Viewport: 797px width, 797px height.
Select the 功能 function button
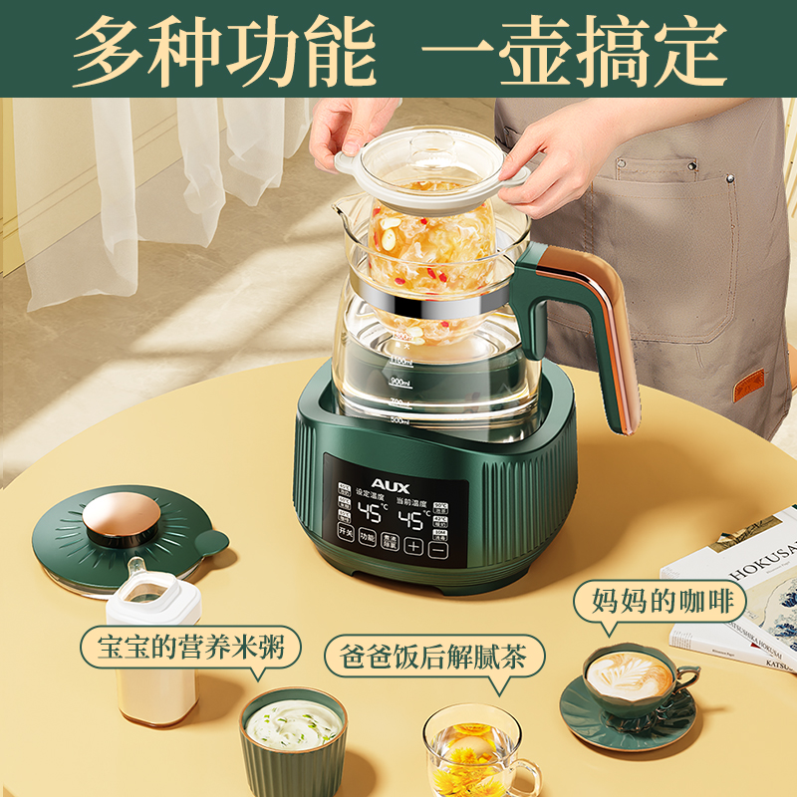coord(368,538)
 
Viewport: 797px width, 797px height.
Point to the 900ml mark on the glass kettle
coord(401,382)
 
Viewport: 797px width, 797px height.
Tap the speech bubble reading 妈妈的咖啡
coord(655,601)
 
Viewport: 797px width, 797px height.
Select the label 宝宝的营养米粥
coord(190,649)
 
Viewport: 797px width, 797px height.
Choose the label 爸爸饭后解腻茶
coord(434,658)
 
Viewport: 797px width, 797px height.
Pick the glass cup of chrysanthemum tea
coord(474,751)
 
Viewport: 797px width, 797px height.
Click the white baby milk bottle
coord(151,643)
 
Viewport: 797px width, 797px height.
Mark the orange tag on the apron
coord(748,385)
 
